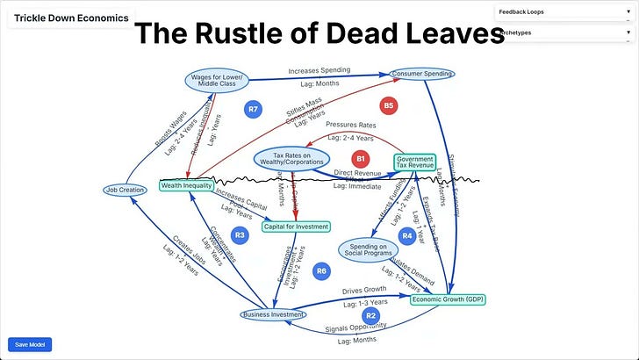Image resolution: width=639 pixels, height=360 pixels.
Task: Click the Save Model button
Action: (30, 344)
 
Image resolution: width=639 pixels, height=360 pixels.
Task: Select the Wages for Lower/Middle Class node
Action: (219, 80)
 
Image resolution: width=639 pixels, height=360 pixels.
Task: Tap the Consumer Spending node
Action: (421, 74)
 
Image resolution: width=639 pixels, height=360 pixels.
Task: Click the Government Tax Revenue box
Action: (414, 162)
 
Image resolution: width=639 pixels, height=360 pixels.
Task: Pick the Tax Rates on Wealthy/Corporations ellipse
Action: (291, 158)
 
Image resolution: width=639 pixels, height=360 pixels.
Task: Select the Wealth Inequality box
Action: (187, 185)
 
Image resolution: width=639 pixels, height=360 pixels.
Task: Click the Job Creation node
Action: (124, 190)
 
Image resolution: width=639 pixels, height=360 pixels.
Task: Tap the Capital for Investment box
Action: (296, 227)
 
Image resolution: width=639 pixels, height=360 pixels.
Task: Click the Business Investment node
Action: (273, 314)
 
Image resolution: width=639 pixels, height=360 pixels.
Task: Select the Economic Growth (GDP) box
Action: (448, 299)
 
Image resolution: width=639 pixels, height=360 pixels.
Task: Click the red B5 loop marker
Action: (389, 105)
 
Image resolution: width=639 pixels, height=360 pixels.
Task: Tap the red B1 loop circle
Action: (359, 159)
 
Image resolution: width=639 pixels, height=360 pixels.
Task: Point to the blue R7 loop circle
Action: (253, 109)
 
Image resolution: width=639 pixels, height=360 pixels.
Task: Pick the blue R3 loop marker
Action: (241, 234)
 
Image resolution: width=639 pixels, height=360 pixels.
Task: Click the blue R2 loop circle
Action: (370, 315)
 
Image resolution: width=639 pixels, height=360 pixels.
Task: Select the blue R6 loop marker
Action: (321, 271)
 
